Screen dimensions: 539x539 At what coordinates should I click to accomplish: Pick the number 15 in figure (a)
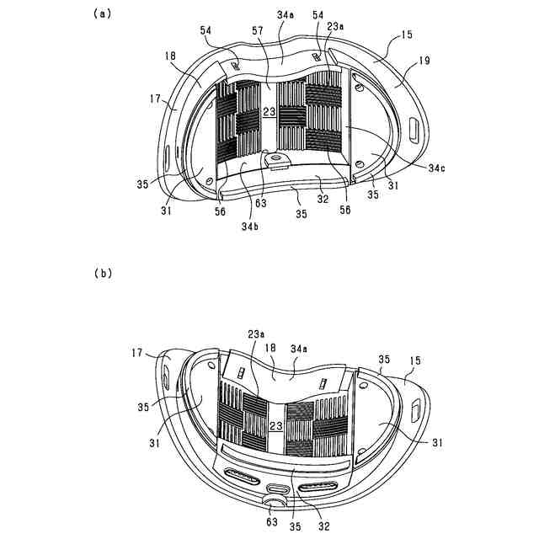407,35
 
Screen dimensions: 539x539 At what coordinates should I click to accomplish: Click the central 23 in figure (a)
269,111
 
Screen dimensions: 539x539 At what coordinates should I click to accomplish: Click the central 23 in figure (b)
275,427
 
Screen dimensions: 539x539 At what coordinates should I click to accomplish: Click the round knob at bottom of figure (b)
273,504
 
